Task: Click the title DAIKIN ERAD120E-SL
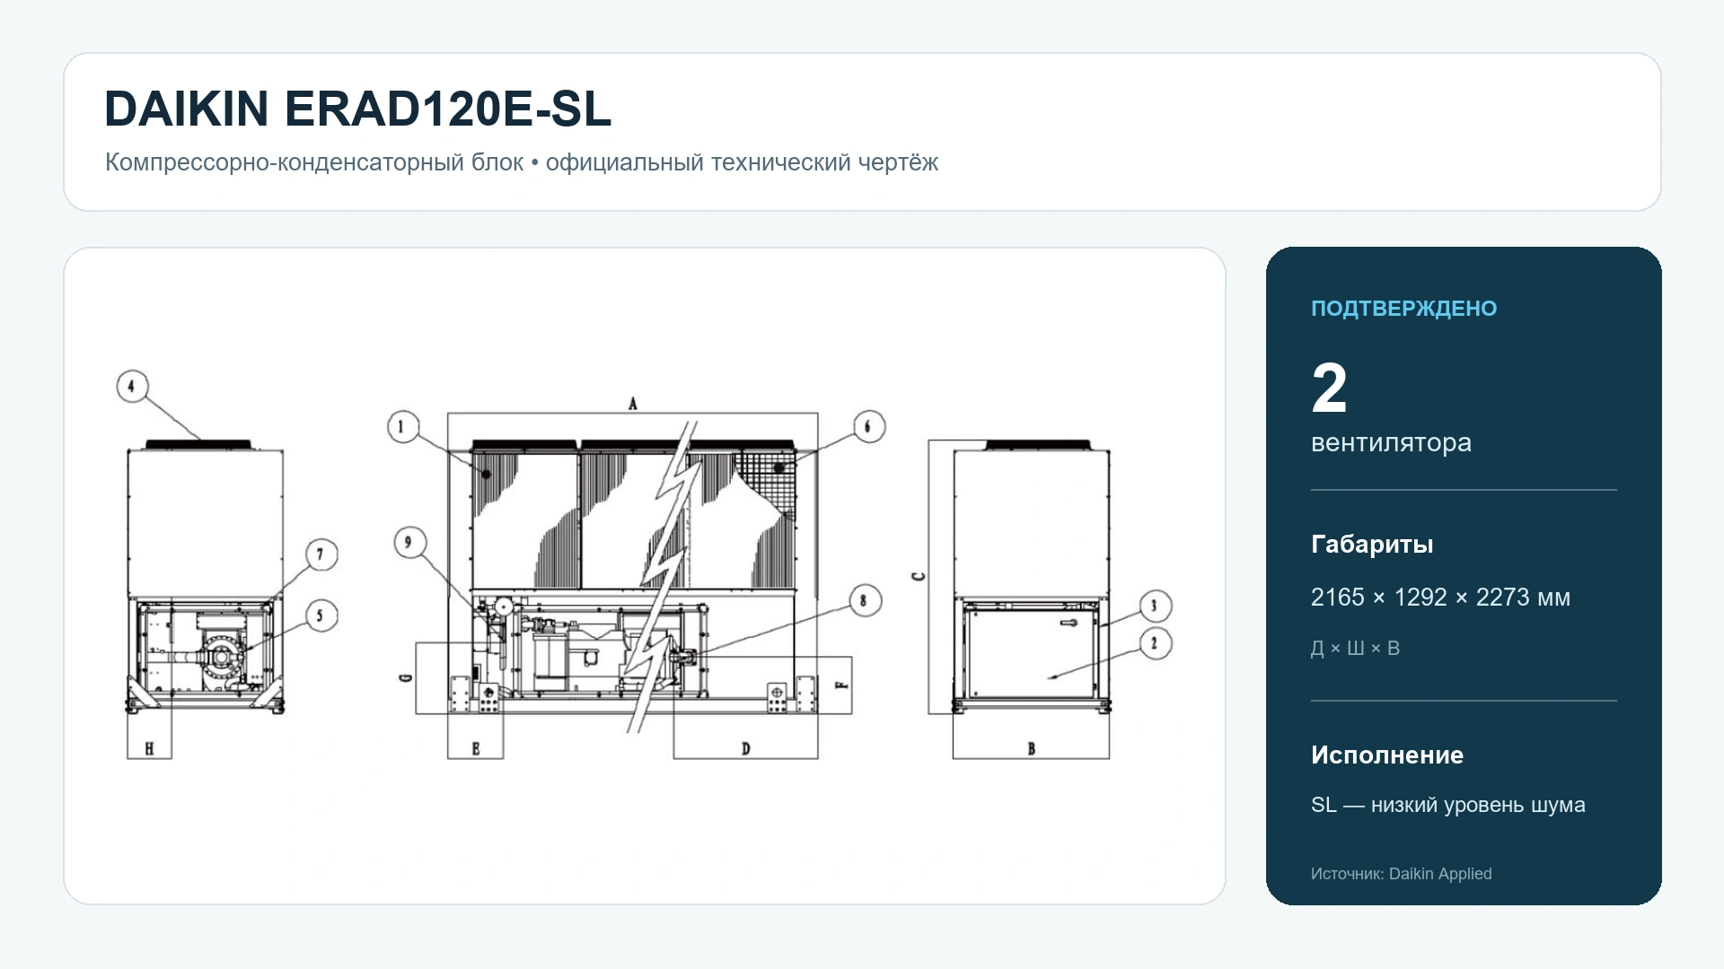tap(357, 109)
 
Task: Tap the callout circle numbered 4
tap(133, 387)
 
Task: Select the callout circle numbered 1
tap(403, 426)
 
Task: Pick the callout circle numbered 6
tap(868, 426)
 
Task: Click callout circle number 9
tap(409, 542)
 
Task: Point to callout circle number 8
tap(865, 600)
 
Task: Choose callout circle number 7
tap(321, 554)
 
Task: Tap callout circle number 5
tap(321, 615)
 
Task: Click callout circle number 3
tap(1156, 606)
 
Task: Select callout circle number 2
tap(1156, 643)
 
